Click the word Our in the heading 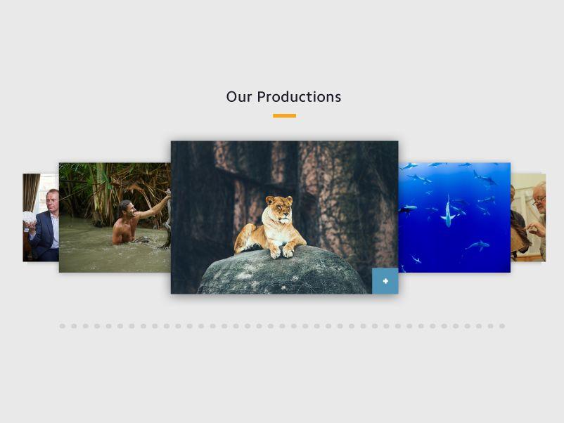(239, 97)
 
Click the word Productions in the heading (299, 97)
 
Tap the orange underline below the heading (284, 116)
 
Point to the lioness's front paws (281, 252)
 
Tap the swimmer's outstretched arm (152, 208)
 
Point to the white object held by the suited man (29, 218)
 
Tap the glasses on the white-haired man (539, 201)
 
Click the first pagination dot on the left (62, 326)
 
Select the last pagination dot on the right (502, 326)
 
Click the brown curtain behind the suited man (31, 193)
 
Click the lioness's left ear (269, 200)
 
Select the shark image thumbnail (454, 217)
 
